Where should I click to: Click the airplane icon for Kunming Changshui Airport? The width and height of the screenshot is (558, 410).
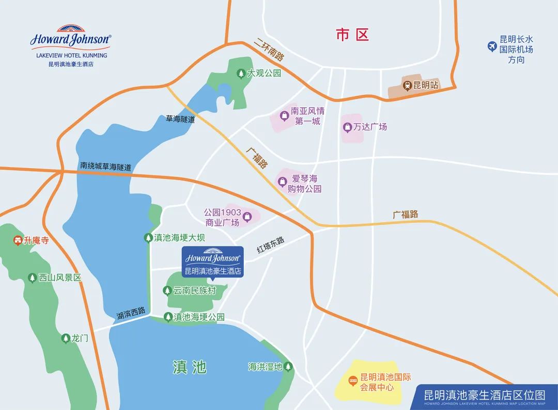[492, 47]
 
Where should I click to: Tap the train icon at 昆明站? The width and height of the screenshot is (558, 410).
[408, 85]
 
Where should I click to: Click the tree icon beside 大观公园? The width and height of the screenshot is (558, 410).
[241, 74]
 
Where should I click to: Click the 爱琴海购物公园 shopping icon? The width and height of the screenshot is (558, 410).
[283, 181]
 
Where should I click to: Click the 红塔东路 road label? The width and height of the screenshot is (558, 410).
[271, 244]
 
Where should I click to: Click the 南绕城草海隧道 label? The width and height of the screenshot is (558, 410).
[106, 167]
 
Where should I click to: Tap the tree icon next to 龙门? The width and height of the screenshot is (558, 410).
[66, 338]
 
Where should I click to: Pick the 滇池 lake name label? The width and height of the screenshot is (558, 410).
[190, 367]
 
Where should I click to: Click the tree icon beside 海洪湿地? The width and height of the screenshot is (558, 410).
[288, 367]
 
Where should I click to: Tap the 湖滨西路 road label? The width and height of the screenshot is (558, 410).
[131, 313]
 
